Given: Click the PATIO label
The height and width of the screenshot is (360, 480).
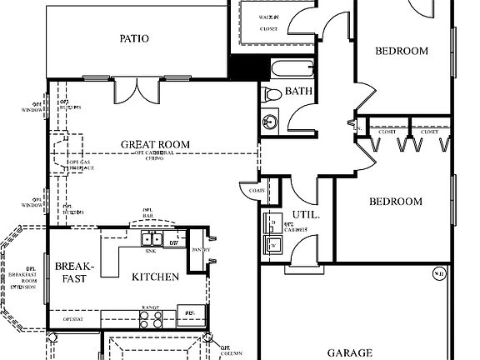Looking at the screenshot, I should [x=134, y=38].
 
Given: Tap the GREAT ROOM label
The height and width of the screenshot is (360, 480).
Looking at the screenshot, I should [x=155, y=144].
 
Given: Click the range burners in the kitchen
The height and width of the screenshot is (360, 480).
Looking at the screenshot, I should [x=151, y=317].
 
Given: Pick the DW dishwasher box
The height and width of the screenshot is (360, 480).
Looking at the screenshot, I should [x=173, y=242].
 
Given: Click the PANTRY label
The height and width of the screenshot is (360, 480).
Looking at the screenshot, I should [x=201, y=250].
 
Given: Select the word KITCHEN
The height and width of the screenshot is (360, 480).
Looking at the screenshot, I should [x=155, y=277].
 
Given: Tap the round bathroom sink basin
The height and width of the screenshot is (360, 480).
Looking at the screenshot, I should [x=269, y=122].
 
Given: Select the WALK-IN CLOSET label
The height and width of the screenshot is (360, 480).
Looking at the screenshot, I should [x=269, y=22].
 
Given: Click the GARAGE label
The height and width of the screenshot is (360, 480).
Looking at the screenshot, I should [x=348, y=352].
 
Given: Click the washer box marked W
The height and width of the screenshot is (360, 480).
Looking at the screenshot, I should [x=271, y=244].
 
